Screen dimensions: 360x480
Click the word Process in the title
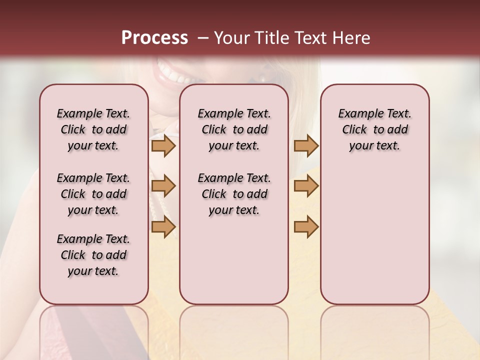[x=154, y=38]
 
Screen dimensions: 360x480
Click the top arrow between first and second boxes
[x=163, y=146]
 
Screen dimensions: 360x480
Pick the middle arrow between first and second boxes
[x=163, y=186]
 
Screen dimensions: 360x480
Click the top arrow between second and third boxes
[x=306, y=146]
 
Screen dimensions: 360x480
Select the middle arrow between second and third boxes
[x=306, y=186]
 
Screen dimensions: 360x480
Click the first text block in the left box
[x=93, y=129]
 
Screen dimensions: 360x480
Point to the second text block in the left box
[x=93, y=194]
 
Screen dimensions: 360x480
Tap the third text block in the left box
[x=93, y=255]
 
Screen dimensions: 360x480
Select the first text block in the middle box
[x=234, y=129]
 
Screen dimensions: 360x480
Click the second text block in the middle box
[x=234, y=194]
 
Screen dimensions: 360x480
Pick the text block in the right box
[x=374, y=129]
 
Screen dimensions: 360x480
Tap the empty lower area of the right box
[x=374, y=235]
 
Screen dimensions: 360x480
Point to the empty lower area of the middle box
[x=234, y=260]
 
